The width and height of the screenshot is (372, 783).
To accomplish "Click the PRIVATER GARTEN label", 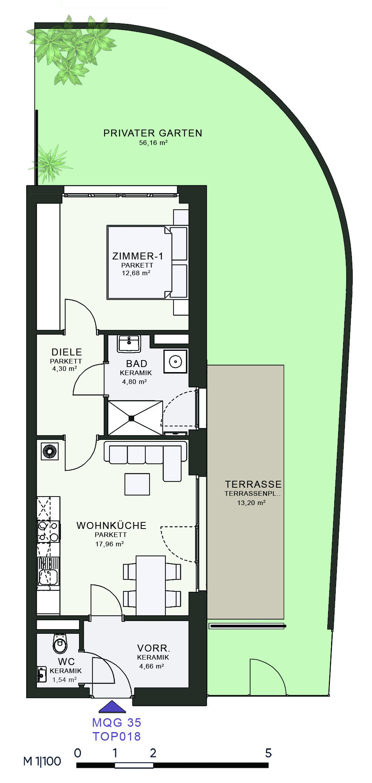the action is click(x=153, y=133).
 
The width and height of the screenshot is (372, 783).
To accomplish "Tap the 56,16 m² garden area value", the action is click(x=153, y=143).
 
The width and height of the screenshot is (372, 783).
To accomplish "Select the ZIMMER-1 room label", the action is click(x=138, y=256).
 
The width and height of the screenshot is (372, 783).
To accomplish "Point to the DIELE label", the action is click(x=67, y=352).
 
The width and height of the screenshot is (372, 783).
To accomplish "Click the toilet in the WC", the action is click(x=60, y=643).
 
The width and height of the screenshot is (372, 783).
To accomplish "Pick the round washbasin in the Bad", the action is click(x=175, y=361).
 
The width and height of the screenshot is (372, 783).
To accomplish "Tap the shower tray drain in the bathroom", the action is click(x=131, y=418).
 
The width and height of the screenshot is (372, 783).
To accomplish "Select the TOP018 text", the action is click(x=116, y=736).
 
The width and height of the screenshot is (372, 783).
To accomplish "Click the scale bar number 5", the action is click(x=268, y=753).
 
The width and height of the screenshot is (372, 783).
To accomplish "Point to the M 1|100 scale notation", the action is click(x=42, y=761).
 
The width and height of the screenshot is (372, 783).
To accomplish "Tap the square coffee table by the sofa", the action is click(x=137, y=484).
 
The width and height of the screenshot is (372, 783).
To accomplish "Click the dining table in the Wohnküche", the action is click(x=151, y=585).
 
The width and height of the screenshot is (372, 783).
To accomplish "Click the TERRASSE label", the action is click(x=253, y=484).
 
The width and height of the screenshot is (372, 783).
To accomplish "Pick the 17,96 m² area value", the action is click(x=109, y=544).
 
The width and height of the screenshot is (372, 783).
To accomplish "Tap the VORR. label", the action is click(x=153, y=648).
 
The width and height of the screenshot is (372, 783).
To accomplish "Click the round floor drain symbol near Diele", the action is click(x=50, y=451).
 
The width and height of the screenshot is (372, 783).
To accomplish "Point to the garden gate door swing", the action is click(x=268, y=677).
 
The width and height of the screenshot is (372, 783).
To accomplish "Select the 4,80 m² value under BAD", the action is click(x=135, y=382).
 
